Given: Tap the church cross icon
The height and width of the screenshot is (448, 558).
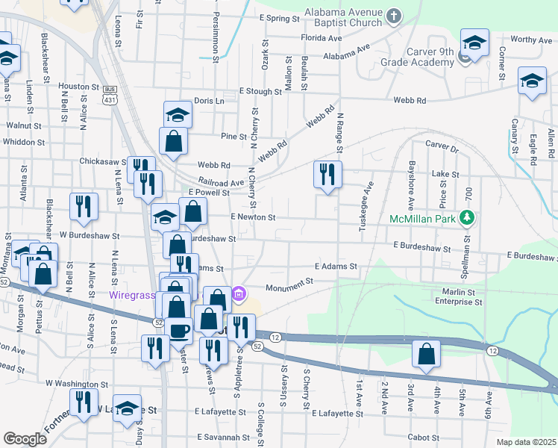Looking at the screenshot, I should click(395, 15).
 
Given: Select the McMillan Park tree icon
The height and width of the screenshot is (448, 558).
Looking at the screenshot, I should click(468, 218).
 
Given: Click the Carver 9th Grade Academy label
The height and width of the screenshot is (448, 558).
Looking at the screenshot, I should click(430, 57).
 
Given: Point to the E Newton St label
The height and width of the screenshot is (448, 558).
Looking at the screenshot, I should click(254, 217).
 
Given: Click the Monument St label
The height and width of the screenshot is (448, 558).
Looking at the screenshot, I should click(289, 285).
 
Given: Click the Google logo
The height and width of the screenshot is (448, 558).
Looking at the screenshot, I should click(25, 439).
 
